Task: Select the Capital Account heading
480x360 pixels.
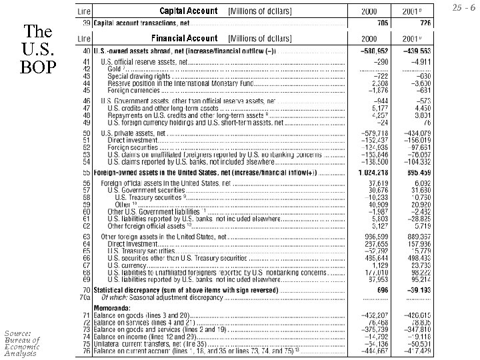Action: (188, 11)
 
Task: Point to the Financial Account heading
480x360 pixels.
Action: (184, 38)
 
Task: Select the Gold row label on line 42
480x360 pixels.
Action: (115, 68)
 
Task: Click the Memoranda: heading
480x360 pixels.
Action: (112, 307)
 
